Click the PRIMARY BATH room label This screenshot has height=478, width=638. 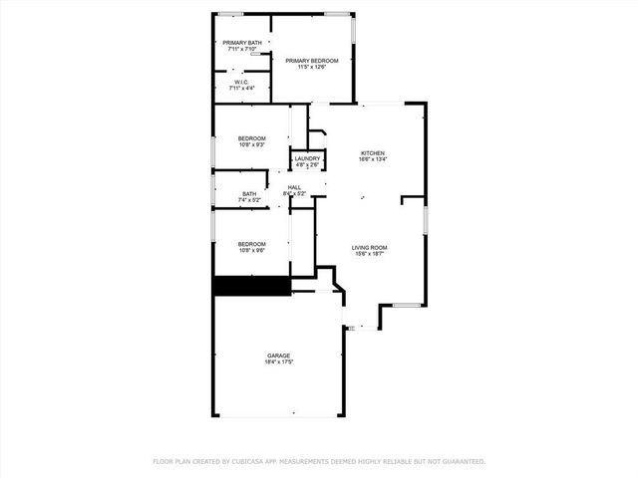click(x=242, y=42)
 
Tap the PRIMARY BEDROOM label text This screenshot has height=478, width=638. click(x=312, y=61)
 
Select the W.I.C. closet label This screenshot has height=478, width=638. click(x=242, y=82)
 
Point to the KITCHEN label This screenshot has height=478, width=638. click(x=372, y=151)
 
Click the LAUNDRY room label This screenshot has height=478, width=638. click(x=307, y=158)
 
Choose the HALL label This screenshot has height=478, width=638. click(x=295, y=186)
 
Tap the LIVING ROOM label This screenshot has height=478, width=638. click(x=369, y=247)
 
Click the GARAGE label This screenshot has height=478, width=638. click(x=278, y=356)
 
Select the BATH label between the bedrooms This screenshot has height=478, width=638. click(x=249, y=194)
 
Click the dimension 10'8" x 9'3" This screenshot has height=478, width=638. click(x=251, y=144)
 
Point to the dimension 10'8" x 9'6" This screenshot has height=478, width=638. click(x=251, y=250)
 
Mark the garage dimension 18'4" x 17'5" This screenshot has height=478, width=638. click(x=278, y=362)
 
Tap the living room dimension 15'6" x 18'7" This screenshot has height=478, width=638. click(x=369, y=254)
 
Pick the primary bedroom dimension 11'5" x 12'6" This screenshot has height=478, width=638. click(x=312, y=68)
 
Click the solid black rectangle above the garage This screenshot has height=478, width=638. click(x=251, y=286)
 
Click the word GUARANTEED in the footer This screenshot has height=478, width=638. click(x=464, y=461)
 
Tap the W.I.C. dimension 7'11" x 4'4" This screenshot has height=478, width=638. click(x=242, y=89)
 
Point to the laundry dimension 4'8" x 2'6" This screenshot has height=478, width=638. click(x=307, y=165)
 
